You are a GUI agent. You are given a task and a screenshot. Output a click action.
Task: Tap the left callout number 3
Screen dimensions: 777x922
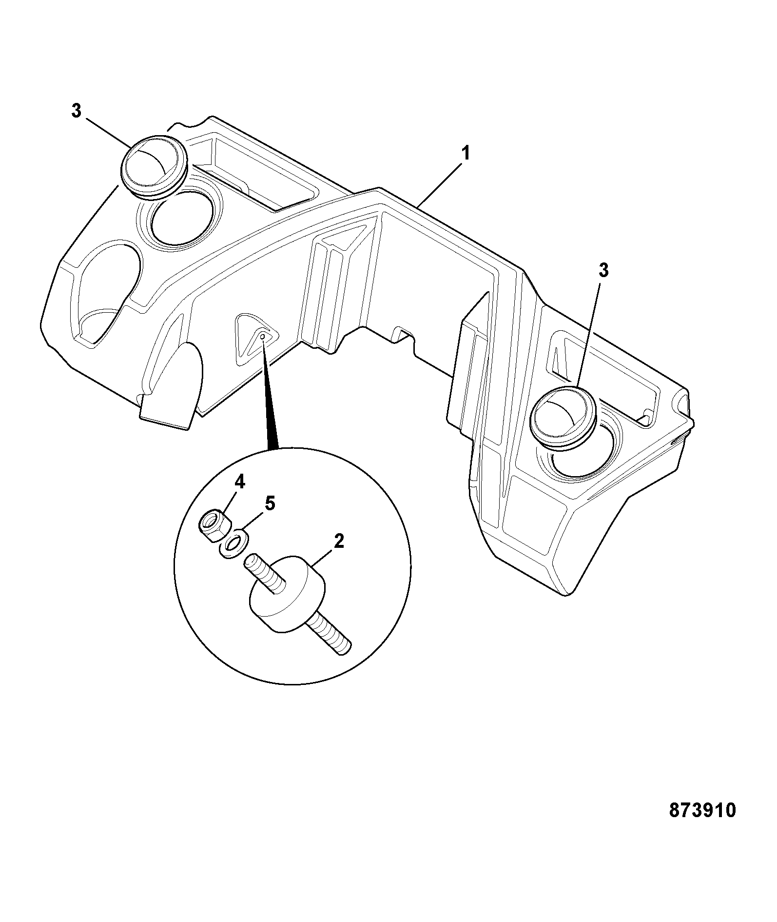tap(77, 111)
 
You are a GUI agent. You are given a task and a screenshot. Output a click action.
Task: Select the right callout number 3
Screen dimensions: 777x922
tap(603, 270)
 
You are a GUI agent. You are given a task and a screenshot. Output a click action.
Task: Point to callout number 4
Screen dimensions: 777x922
tap(239, 482)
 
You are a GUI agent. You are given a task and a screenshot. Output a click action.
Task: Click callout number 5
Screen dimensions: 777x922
tap(270, 503)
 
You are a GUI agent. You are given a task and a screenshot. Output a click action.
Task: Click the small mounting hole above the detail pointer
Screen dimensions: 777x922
tap(263, 336)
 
